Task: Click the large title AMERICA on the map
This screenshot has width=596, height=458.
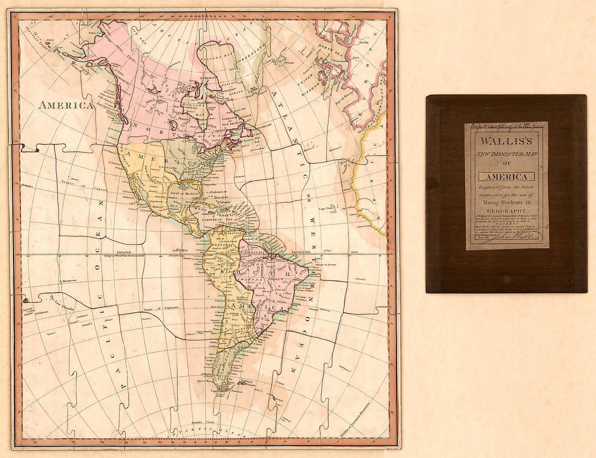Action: (x=66, y=105)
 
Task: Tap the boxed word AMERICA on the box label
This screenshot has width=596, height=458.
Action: (x=507, y=177)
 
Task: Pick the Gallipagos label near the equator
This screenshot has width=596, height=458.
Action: (x=181, y=250)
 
